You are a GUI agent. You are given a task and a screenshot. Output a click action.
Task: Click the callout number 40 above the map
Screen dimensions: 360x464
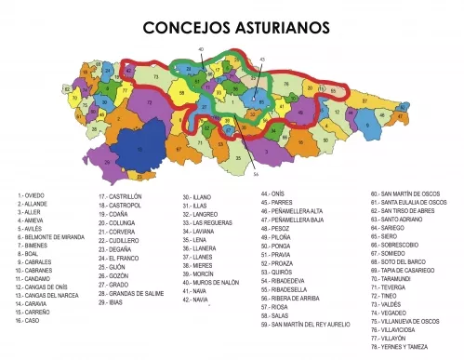[x=201, y=48]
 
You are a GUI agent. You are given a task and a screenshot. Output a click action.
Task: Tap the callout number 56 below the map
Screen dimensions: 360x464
[x=256, y=172]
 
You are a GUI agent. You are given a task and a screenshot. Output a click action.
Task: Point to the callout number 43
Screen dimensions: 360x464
[x=262, y=59]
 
